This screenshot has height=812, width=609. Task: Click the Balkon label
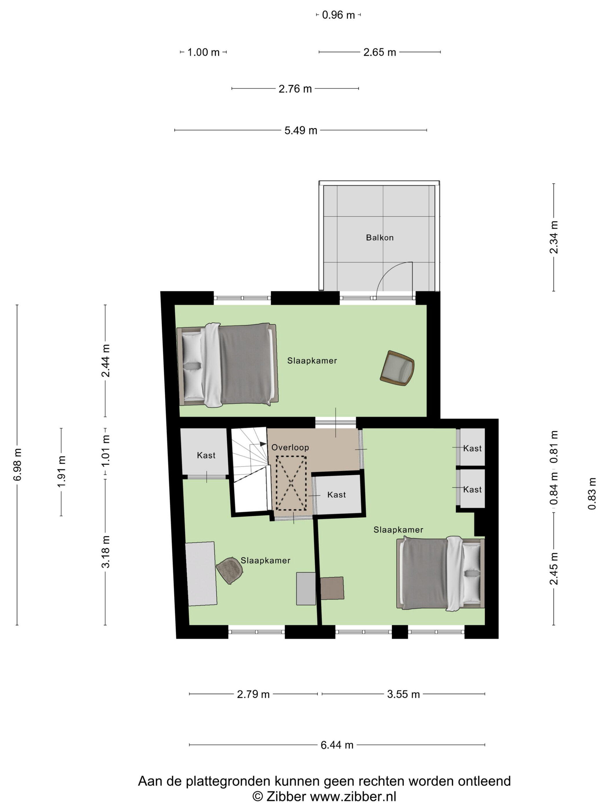coord(380,238)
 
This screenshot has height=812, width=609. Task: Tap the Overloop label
coord(290,447)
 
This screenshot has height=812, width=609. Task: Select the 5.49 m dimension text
coord(301,130)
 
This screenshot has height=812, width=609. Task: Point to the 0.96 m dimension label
coord(338,15)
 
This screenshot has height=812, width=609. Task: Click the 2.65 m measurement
coord(380,52)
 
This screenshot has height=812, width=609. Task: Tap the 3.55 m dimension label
coord(403,694)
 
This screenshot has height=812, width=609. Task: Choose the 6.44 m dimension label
coord(337,745)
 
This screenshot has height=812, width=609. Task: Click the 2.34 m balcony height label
coord(554,237)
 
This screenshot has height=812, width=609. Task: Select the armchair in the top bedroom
coord(397,368)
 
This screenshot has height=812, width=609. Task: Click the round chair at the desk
coord(229,570)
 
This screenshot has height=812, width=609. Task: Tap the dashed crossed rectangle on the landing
coord(291,483)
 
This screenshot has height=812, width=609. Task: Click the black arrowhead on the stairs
coord(263,444)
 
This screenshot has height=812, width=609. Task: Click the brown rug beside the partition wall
coord(332,588)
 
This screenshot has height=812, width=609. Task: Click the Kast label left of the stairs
coord(206,455)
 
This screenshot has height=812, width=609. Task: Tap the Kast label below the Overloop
coord(337,494)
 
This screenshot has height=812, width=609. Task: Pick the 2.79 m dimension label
coord(253,694)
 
